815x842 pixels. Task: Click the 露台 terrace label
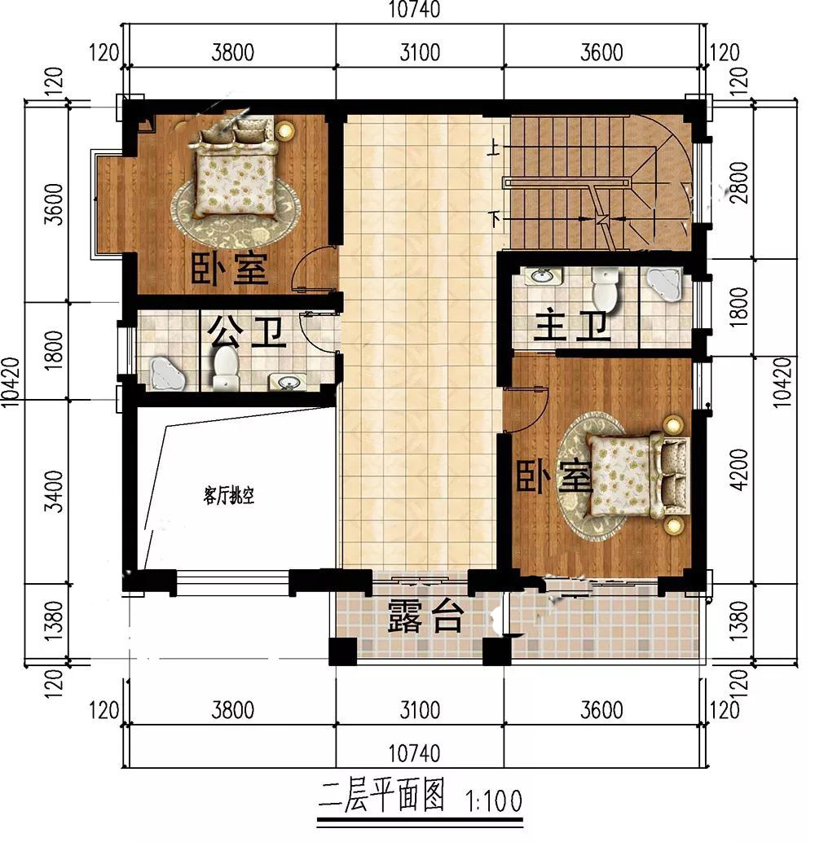[425, 616]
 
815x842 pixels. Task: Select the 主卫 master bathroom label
[572, 324]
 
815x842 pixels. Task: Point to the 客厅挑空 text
[229, 495]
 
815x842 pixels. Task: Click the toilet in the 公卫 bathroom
[226, 368]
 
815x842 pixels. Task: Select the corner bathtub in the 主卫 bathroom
[664, 283]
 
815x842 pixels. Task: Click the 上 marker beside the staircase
[494, 147]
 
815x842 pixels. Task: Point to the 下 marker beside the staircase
[494, 218]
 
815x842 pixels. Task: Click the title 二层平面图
[381, 796]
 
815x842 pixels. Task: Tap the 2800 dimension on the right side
[740, 182]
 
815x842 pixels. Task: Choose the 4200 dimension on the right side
[740, 469]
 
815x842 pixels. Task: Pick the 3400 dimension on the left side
[55, 491]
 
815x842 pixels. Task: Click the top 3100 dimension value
[420, 53]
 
